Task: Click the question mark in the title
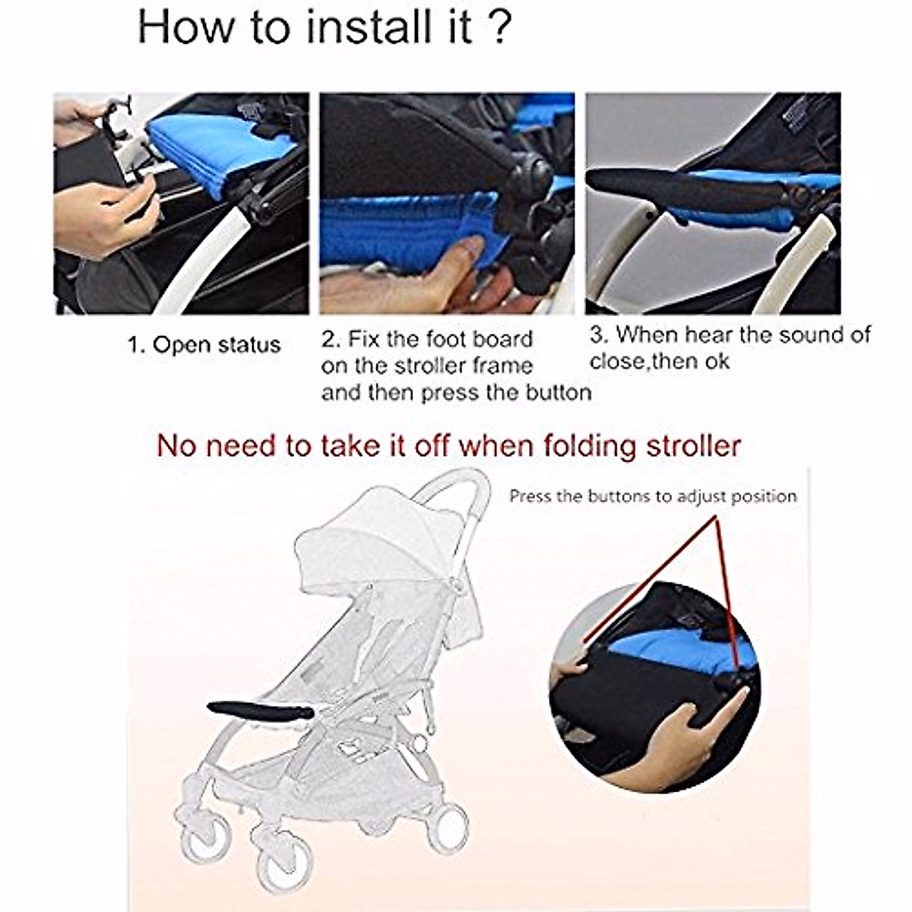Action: [498, 28]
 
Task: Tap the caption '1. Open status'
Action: [204, 345]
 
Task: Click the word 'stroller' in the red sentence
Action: [693, 445]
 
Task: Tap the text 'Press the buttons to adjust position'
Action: [653, 496]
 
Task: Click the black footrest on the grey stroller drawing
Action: [258, 711]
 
